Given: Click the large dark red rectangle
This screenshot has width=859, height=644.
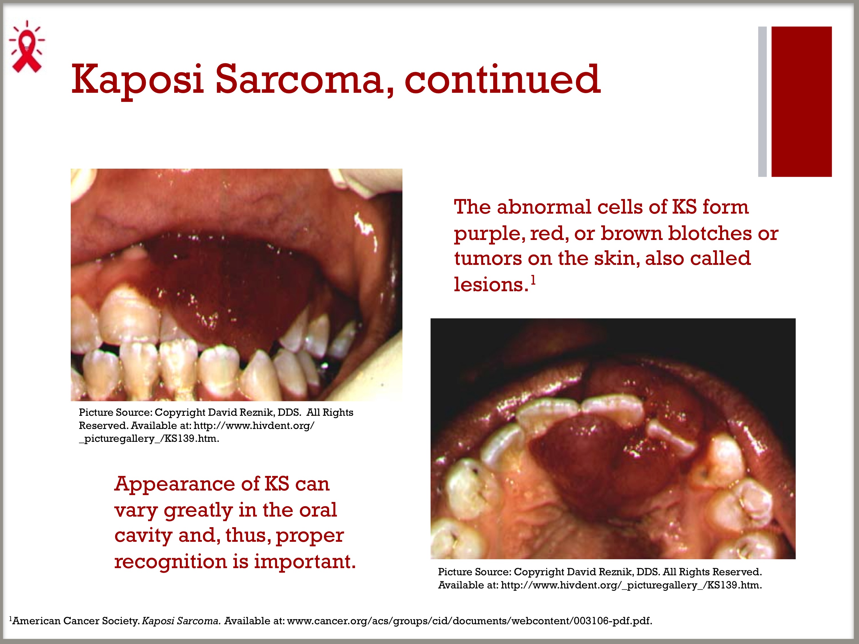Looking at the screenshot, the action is coord(801,102).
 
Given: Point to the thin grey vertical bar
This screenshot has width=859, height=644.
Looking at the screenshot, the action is coord(762,102).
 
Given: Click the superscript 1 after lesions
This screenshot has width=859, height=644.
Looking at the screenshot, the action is coord(533,279).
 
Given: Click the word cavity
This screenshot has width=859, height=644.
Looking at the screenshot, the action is coord(143,536).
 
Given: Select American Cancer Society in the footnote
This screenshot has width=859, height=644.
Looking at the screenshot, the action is coord(76,621).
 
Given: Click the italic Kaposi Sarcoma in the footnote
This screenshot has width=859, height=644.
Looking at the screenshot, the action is coord(181,621).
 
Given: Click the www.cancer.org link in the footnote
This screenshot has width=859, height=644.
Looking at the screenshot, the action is coord(469,621).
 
